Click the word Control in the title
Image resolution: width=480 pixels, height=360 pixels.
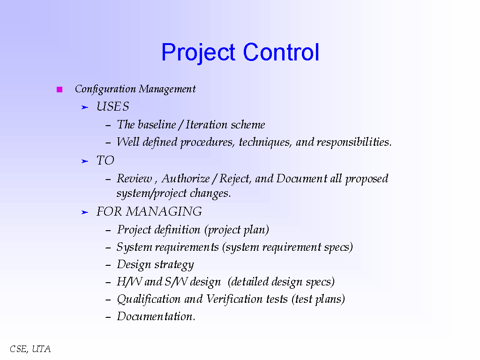tap(281, 52)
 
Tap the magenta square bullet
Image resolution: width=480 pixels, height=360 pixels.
tap(60, 90)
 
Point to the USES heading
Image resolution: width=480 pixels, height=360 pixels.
tap(112, 107)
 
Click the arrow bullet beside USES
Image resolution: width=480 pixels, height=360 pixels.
tap(84, 107)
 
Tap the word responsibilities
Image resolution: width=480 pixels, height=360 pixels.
tap(354, 142)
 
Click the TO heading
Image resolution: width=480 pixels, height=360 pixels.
tap(105, 161)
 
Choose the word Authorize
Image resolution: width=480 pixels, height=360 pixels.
tap(186, 179)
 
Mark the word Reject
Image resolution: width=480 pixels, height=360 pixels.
tap(234, 179)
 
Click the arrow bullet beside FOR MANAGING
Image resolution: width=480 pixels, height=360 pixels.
tap(84, 212)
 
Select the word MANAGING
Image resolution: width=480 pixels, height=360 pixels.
tap(164, 211)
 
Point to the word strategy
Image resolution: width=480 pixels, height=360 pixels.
tap(174, 265)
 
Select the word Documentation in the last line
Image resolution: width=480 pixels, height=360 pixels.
tap(156, 316)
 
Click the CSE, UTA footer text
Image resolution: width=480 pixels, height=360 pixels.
tap(30, 349)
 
